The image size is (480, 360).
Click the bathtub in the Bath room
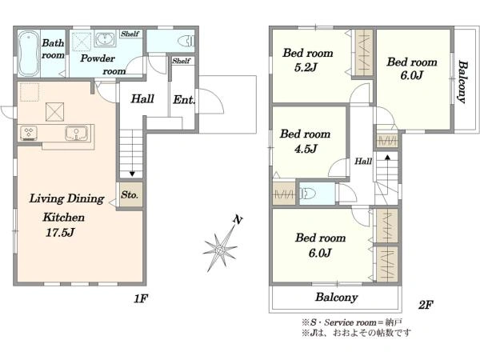pyautogui.click(x=29, y=54)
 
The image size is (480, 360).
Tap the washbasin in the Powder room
pyautogui.click(x=105, y=39)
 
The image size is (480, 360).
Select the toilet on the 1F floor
pyautogui.click(x=186, y=41)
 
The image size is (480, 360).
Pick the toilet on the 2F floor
pyautogui.click(x=308, y=194)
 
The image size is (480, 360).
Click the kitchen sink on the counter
pyautogui.click(x=76, y=134)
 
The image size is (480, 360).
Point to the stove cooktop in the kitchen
pyautogui.click(x=29, y=133)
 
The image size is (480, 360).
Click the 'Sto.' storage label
pyautogui.click(x=130, y=194)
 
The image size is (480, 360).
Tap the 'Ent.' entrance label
pyautogui.click(x=184, y=99)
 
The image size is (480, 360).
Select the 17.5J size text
pyautogui.click(x=60, y=233)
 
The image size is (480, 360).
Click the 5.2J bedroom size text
pyautogui.click(x=306, y=67)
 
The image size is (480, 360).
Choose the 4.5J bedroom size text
pyautogui.click(x=306, y=149)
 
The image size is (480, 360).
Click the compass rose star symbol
pyautogui.click(x=219, y=250)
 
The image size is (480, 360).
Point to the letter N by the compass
pyautogui.click(x=238, y=219)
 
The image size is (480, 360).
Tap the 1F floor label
pyautogui.click(x=141, y=298)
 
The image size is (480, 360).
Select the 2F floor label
pyautogui.click(x=426, y=305)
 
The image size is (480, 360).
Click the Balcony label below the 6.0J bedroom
pyautogui.click(x=337, y=298)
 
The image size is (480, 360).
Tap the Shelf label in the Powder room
pyautogui.click(x=130, y=34)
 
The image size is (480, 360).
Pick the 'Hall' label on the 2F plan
pyautogui.click(x=363, y=161)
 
